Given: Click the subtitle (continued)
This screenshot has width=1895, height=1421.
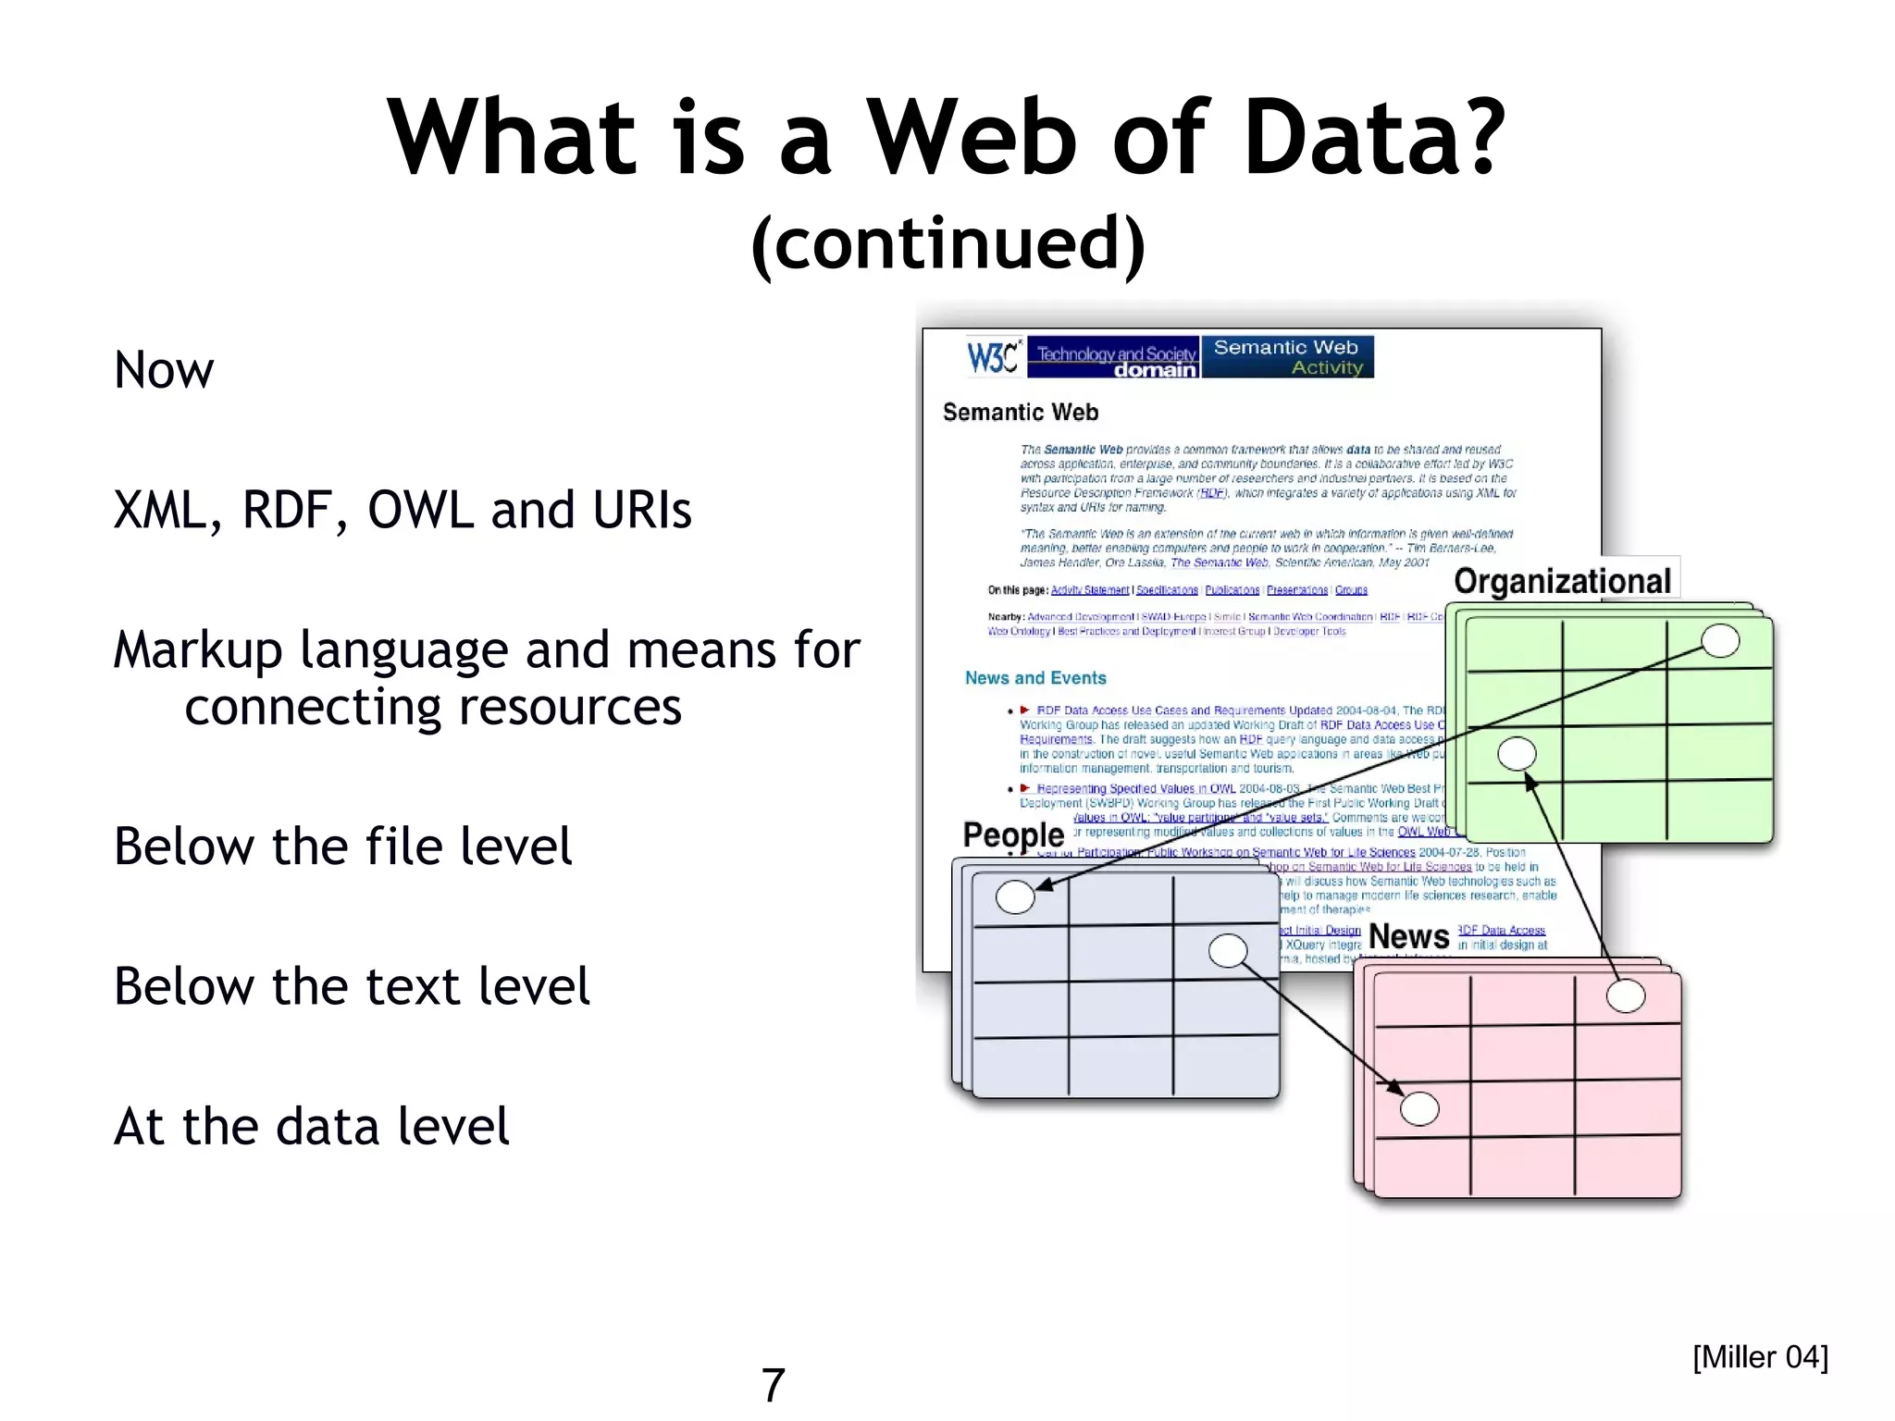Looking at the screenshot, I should tap(947, 242).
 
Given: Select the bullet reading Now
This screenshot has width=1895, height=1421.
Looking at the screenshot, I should tap(164, 370).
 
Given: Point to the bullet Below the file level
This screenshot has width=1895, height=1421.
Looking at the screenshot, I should tap(342, 846).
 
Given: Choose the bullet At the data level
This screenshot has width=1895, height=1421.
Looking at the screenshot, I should tap(311, 1126).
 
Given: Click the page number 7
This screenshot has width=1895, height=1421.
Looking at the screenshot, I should tap(774, 1385).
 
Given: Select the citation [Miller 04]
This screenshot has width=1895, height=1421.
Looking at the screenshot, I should tap(1760, 1357).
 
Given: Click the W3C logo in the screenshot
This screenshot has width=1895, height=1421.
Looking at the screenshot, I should tap(993, 357).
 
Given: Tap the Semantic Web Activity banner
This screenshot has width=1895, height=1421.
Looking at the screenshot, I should tap(1287, 357).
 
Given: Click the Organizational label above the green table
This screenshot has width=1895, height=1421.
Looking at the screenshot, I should tap(1562, 581).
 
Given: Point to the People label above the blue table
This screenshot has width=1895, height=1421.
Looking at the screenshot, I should tap(1013, 834).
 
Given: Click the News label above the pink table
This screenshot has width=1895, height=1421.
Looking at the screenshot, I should tap(1408, 936).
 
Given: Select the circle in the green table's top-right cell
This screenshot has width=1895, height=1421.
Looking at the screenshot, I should tap(1720, 640).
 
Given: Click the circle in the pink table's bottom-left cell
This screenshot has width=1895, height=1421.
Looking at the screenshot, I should tap(1419, 1108).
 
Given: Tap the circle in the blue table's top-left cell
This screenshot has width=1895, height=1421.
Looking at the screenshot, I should tap(1015, 896).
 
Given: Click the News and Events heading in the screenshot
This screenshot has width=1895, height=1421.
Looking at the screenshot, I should tap(1035, 678).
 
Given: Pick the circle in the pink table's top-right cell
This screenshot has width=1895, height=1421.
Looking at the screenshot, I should tap(1626, 996).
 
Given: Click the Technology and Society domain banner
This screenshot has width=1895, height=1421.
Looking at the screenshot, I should tap(1114, 358).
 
